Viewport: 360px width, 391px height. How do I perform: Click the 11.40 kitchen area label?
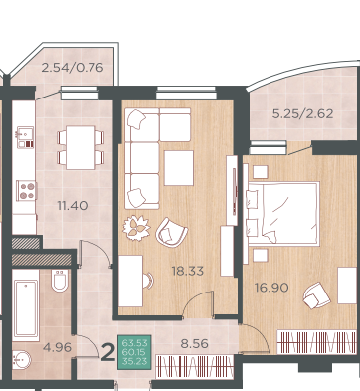point(73,206)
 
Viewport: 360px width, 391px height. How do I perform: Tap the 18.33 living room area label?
point(188,271)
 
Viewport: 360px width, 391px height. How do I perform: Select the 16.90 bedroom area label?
point(271,288)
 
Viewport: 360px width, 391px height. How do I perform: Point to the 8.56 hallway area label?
point(195,344)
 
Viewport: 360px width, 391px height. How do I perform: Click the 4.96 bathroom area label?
point(58,347)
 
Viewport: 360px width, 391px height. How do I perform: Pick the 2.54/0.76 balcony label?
point(73,68)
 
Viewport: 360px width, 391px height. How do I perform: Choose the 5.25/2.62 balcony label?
point(302,114)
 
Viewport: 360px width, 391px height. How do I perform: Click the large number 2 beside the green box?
point(107,352)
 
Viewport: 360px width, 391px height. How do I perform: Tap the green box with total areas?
point(134,352)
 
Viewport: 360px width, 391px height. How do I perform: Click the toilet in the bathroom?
point(60,281)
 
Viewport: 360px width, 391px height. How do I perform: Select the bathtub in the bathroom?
point(26,308)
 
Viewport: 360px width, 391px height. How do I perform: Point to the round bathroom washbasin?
point(21,360)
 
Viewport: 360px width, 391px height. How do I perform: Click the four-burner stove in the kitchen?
point(26,191)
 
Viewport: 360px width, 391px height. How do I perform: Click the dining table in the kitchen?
point(81,147)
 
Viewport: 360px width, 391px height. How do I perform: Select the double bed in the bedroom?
point(282,214)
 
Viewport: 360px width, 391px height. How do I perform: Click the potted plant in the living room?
point(136,228)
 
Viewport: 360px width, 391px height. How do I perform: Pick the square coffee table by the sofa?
point(179,168)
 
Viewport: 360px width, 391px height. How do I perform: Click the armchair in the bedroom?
point(316,295)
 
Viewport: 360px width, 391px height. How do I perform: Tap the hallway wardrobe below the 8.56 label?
point(195,367)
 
